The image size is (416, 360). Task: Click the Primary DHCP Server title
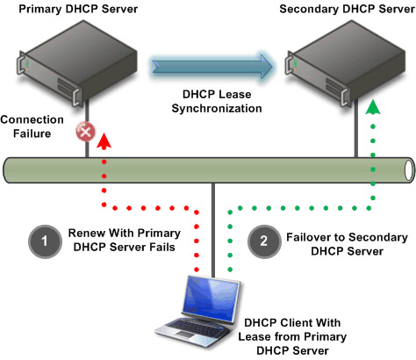78,9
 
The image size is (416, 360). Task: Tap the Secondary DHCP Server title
347,9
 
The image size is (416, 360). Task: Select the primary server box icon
77,62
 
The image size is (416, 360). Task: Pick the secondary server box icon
345,62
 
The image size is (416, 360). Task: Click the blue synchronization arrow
212,67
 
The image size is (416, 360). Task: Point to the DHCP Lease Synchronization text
217,101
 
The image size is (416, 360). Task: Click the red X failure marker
85,132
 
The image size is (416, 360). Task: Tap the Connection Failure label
32,126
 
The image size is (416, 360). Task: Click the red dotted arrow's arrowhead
104,140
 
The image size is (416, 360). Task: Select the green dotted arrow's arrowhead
373,106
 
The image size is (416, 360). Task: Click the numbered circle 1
45,241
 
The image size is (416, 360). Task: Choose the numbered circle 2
264,241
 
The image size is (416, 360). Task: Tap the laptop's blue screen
211,299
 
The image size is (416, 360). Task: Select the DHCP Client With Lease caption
292,336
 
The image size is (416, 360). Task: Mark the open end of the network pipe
409,170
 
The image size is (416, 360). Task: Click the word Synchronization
217,108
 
